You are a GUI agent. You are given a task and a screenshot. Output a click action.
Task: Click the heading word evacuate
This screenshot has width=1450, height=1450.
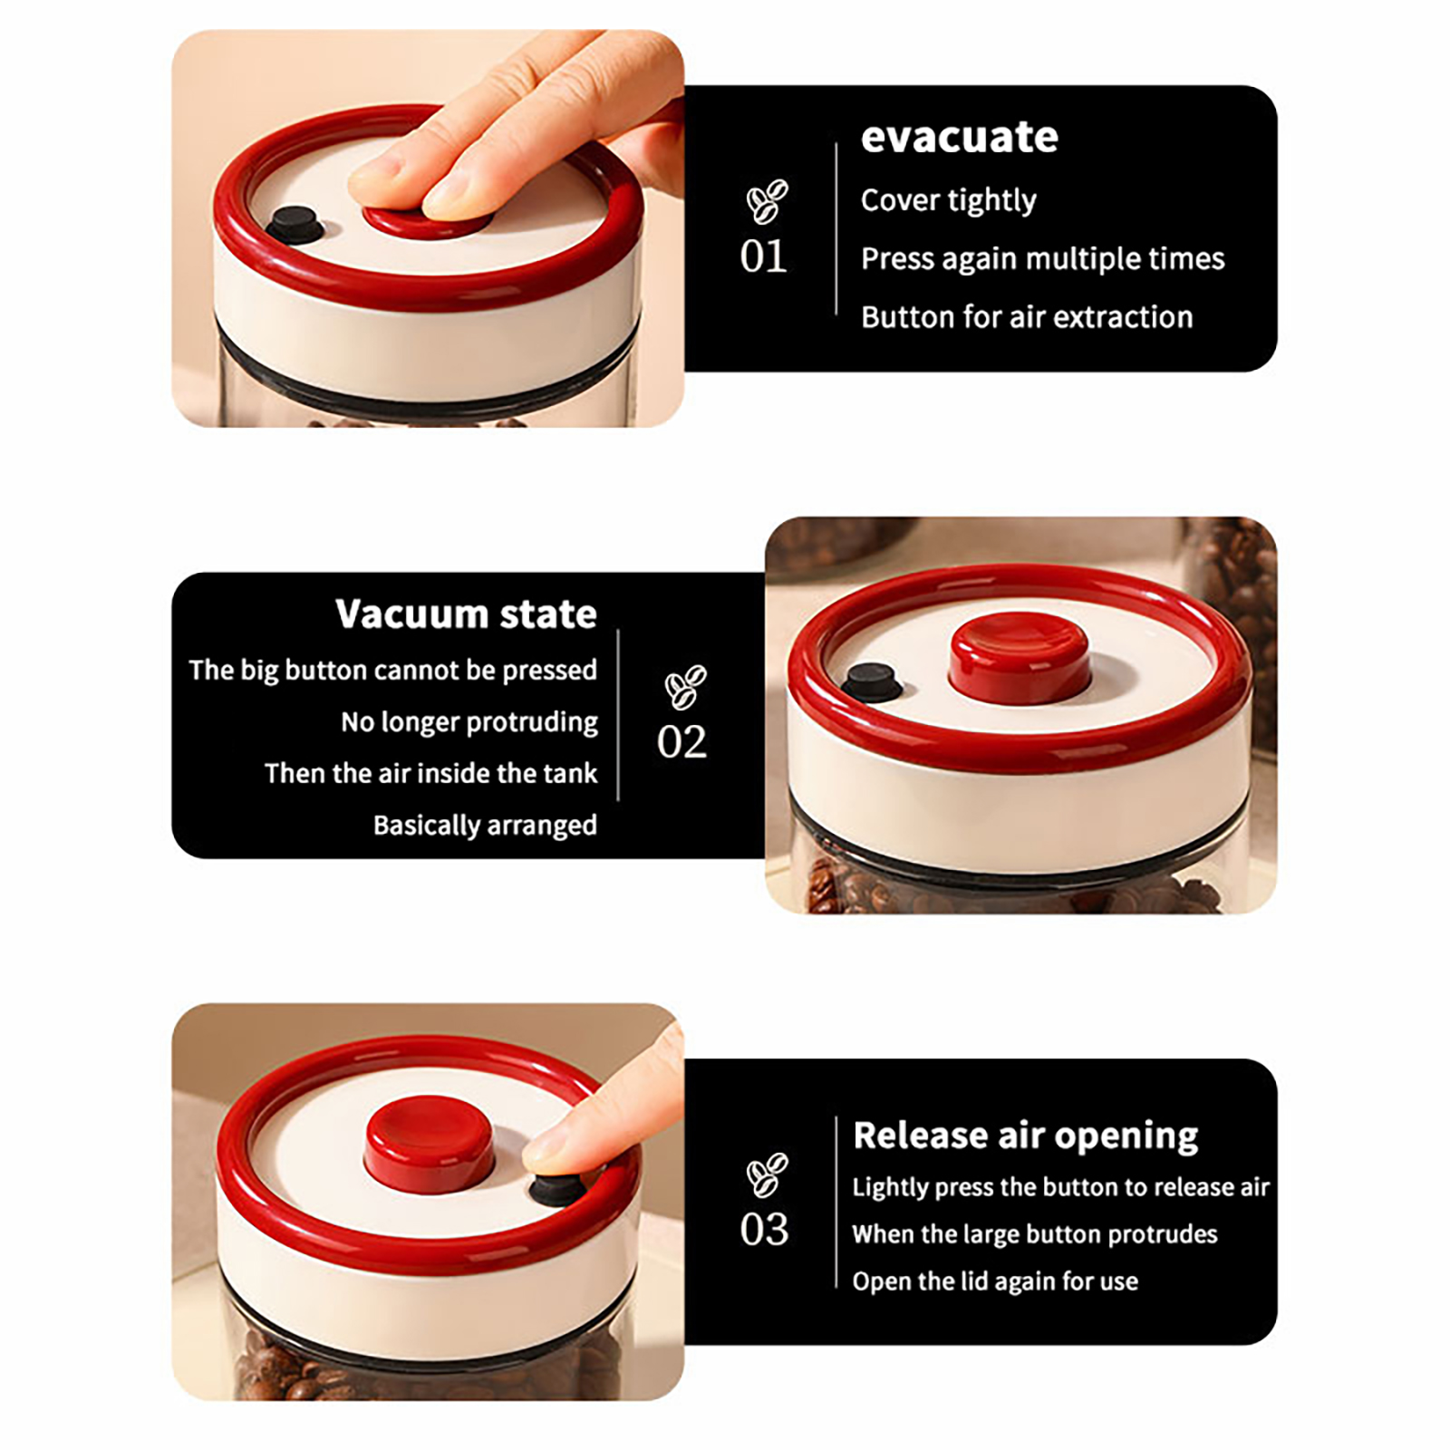pyautogui.click(x=960, y=138)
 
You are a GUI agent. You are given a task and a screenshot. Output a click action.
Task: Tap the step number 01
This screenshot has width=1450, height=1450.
pyautogui.click(x=763, y=256)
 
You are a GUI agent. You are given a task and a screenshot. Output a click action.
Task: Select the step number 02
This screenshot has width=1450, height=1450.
pyautogui.click(x=681, y=742)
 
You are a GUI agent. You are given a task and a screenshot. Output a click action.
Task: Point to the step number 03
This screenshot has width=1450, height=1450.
pyautogui.click(x=764, y=1230)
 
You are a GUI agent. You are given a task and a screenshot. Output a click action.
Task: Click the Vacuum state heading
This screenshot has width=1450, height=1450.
pyautogui.click(x=467, y=614)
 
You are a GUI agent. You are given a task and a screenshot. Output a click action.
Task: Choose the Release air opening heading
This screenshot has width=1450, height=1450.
pyautogui.click(x=1026, y=1136)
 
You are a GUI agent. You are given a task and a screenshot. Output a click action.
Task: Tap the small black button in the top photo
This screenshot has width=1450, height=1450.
pyautogui.click(x=295, y=225)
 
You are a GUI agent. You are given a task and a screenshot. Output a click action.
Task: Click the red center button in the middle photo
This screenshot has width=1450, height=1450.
pyautogui.click(x=1020, y=657)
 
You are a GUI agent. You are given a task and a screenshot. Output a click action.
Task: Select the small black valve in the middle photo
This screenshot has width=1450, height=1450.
pyautogui.click(x=872, y=681)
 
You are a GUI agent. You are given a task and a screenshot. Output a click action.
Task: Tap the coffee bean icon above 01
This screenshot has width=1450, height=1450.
pyautogui.click(x=767, y=201)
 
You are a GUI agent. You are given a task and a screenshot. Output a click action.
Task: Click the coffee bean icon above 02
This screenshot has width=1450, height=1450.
pyautogui.click(x=686, y=687)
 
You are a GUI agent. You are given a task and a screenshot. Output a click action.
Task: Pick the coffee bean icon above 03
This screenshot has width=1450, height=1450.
pyautogui.click(x=768, y=1174)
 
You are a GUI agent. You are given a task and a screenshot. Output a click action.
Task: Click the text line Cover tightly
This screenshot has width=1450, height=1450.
pyautogui.click(x=949, y=201)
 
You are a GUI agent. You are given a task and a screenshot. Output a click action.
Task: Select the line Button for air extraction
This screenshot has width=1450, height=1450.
pyautogui.click(x=1027, y=317)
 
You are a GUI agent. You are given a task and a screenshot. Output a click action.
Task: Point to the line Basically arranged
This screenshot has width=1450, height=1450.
pyautogui.click(x=485, y=826)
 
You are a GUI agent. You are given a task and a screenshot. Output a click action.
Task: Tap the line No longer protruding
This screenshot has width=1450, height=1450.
pyautogui.click(x=469, y=722)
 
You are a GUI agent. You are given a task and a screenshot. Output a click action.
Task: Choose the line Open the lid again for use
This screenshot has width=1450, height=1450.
pyautogui.click(x=995, y=1281)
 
